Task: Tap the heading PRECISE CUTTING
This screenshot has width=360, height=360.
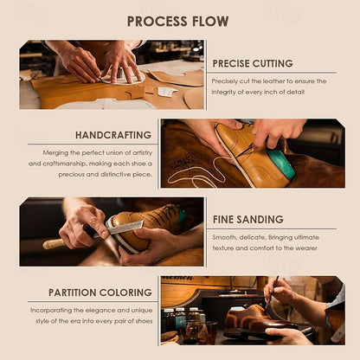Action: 253,63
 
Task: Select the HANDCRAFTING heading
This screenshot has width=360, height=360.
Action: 113,135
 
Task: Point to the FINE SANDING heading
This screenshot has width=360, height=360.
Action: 248,220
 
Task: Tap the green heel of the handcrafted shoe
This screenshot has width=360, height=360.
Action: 281,164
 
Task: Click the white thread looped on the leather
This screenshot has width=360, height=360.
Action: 199,173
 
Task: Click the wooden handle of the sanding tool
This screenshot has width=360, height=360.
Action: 54,244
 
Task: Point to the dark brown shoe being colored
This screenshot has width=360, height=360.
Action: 260,318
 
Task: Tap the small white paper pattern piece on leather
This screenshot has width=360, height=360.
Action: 167,92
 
